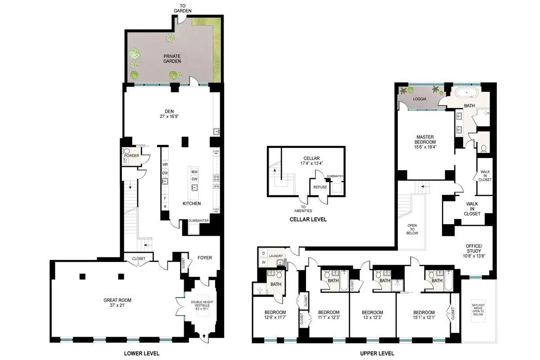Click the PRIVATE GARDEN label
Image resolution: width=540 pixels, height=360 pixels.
[x=172, y=58]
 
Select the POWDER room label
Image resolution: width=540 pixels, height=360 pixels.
[x=131, y=156]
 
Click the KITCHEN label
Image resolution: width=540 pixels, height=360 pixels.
[x=192, y=203]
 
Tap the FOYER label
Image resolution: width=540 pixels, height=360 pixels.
[x=205, y=258]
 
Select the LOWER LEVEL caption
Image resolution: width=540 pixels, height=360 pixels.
[x=141, y=353]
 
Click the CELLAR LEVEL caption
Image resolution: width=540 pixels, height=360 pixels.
[x=308, y=220]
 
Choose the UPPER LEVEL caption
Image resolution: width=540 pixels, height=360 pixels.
[x=377, y=353]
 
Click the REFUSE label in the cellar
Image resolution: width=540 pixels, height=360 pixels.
[x=320, y=187]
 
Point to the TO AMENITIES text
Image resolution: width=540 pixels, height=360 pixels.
[x=306, y=208]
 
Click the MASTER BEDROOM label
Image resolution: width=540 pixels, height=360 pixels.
[x=424, y=140]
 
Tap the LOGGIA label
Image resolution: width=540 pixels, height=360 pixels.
[x=419, y=99]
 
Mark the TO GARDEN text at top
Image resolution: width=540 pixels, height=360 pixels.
[x=183, y=8]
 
